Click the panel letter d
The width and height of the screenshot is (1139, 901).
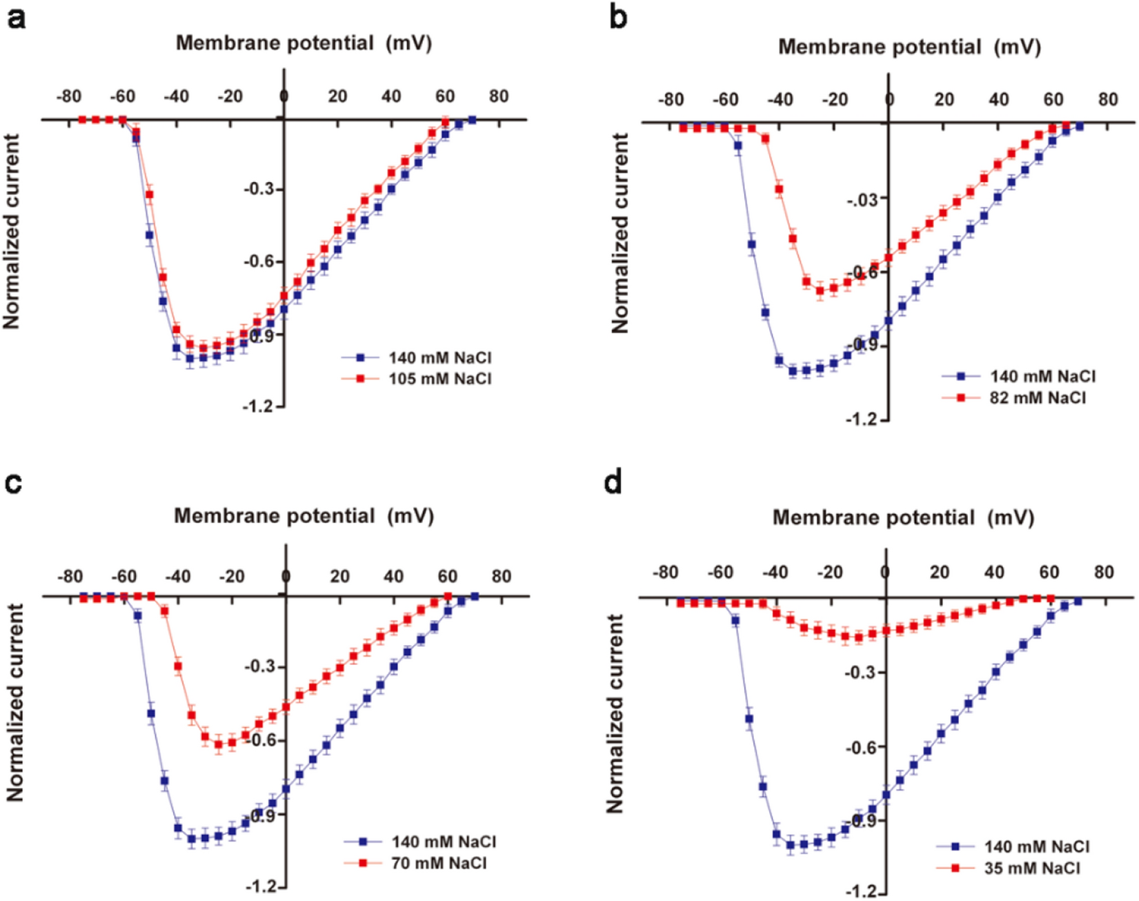613,482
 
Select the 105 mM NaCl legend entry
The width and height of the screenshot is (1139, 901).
439,379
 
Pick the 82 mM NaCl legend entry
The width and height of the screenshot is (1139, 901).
1038,397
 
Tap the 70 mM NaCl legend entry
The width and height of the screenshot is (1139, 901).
438,862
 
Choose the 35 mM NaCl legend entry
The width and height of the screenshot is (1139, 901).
1031,868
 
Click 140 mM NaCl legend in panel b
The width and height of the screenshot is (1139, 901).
1042,376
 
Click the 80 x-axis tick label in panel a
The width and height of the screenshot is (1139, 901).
499,96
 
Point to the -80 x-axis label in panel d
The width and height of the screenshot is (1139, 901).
665,572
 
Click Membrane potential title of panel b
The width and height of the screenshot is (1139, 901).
909,47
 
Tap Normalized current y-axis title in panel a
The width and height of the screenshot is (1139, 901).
12,231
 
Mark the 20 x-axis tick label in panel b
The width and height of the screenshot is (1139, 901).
944,99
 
